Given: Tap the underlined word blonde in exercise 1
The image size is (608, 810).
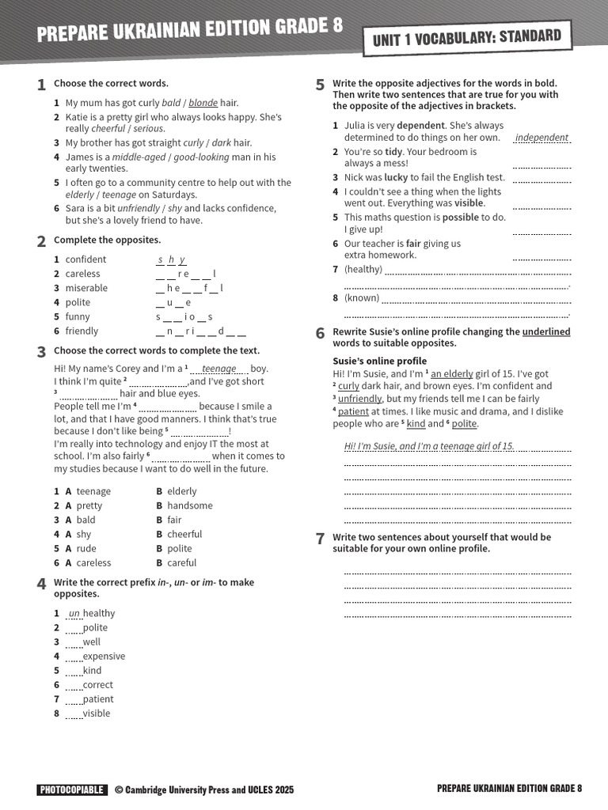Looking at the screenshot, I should [x=203, y=103].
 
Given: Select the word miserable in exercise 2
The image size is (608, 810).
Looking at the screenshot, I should [x=86, y=288].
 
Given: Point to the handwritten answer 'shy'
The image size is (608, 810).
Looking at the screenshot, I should [x=171, y=259].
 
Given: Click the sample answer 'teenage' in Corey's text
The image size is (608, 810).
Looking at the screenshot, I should [x=218, y=369].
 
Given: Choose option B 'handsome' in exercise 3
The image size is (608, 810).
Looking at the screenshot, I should [x=189, y=505].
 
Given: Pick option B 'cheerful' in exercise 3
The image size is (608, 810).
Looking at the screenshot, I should [x=184, y=534].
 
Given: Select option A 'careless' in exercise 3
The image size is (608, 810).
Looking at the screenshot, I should [x=93, y=562].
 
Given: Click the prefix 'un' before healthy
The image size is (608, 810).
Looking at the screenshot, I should [x=74, y=613].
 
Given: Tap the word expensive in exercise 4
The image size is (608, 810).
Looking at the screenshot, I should [x=104, y=656].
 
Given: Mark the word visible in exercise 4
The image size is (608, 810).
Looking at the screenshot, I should [x=97, y=713].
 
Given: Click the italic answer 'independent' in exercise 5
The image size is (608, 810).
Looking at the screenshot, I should [x=541, y=138].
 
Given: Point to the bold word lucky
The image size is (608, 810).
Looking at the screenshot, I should [x=395, y=177].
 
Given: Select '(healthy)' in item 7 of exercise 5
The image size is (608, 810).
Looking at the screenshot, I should [x=363, y=269].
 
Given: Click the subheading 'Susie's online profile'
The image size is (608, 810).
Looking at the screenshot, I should [x=379, y=361].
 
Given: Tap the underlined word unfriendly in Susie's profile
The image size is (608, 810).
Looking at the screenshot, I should [x=359, y=399].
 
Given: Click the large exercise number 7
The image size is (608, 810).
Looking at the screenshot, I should [x=320, y=539].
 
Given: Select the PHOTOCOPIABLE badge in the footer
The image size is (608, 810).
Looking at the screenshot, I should [x=71, y=789].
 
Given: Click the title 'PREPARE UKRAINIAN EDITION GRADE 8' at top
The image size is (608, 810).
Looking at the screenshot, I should [x=190, y=29].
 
